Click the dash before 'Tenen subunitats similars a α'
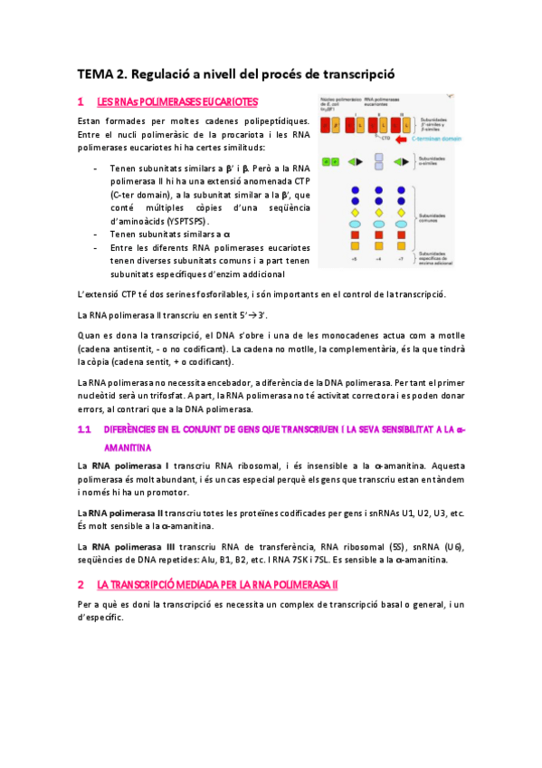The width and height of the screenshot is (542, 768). pyautogui.click(x=96, y=234)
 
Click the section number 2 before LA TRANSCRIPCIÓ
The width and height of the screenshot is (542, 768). pyautogui.click(x=81, y=584)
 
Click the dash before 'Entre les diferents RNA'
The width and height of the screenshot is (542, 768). pyautogui.click(x=96, y=247)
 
